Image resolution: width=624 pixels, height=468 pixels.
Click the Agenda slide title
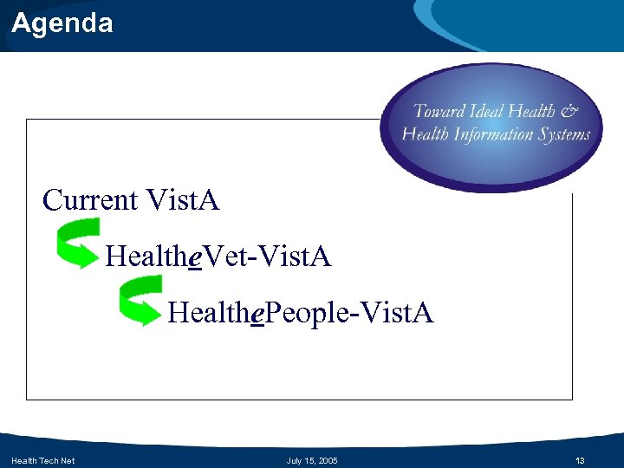pyautogui.click(x=62, y=23)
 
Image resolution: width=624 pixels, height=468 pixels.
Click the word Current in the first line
pyautogui.click(x=90, y=200)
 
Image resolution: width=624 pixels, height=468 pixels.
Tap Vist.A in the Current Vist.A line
pyautogui.click(x=183, y=200)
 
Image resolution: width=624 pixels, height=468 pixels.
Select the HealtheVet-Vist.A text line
pyautogui.click(x=218, y=256)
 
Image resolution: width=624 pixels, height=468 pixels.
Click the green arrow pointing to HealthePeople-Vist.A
pyautogui.click(x=140, y=300)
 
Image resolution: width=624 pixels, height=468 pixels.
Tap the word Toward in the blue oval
pyautogui.click(x=439, y=111)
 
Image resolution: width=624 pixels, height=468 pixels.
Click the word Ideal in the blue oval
pyautogui.click(x=491, y=111)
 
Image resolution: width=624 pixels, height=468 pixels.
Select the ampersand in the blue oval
pyautogui.click(x=569, y=111)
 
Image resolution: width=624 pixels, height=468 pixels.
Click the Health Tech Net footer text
pyautogui.click(x=42, y=460)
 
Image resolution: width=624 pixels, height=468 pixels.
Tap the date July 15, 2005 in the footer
pyautogui.click(x=312, y=460)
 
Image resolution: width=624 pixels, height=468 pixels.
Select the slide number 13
pyautogui.click(x=581, y=460)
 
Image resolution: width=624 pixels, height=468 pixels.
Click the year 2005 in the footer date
pyautogui.click(x=327, y=460)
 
